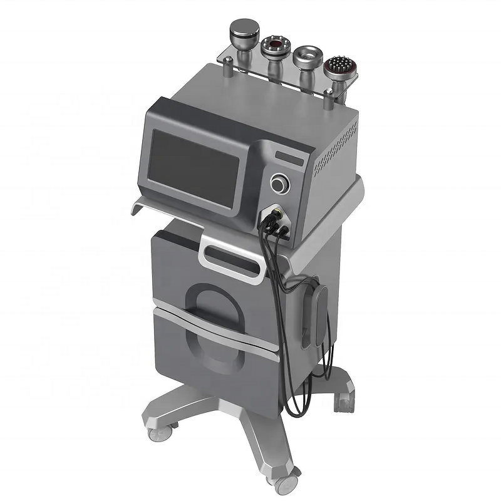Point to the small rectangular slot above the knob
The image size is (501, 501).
click(x=289, y=157)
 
